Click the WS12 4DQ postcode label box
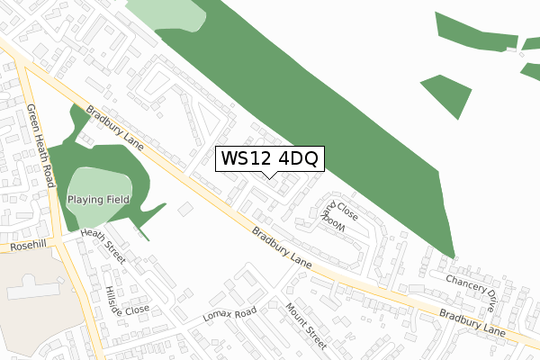tap(269, 158)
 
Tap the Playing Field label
tap(98, 199)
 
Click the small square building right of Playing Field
tap(185, 209)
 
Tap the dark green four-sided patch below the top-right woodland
tap(448, 94)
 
